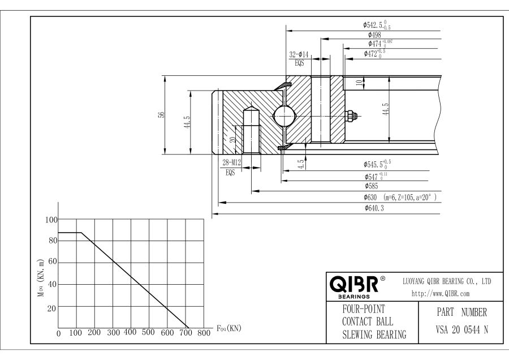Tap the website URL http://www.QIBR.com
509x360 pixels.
(x=442, y=294)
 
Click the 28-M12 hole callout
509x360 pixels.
(x=231, y=164)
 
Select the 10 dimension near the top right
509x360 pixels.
(x=358, y=83)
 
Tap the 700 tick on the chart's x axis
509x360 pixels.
(x=185, y=333)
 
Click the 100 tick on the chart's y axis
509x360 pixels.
(x=51, y=220)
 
